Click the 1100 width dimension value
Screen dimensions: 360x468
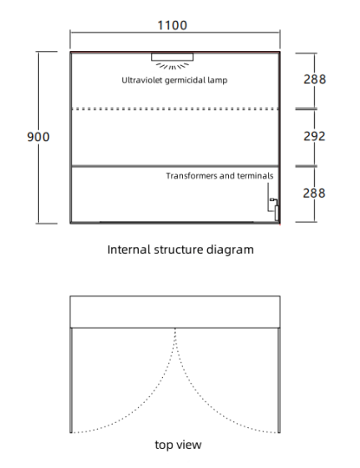(172, 25)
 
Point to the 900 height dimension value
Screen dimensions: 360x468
(38, 137)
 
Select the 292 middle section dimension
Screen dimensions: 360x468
(314, 136)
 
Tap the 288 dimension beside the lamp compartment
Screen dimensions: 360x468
(315, 80)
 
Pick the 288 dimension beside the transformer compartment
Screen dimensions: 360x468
(314, 193)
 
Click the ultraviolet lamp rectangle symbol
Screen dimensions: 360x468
(172, 57)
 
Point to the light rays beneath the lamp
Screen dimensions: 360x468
(173, 66)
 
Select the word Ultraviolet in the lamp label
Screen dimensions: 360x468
(142, 81)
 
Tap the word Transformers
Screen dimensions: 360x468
(192, 176)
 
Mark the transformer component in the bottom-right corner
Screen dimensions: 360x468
(277, 212)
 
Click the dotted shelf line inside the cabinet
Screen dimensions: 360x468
(175, 109)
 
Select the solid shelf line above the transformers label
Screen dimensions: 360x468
(175, 166)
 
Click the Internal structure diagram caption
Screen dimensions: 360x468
(180, 250)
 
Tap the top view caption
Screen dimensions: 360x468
(178, 445)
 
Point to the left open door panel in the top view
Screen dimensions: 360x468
(71, 380)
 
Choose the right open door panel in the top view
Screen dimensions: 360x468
(279, 380)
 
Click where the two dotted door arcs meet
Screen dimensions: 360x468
(175, 329)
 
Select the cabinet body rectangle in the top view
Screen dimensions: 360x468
(175, 296)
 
